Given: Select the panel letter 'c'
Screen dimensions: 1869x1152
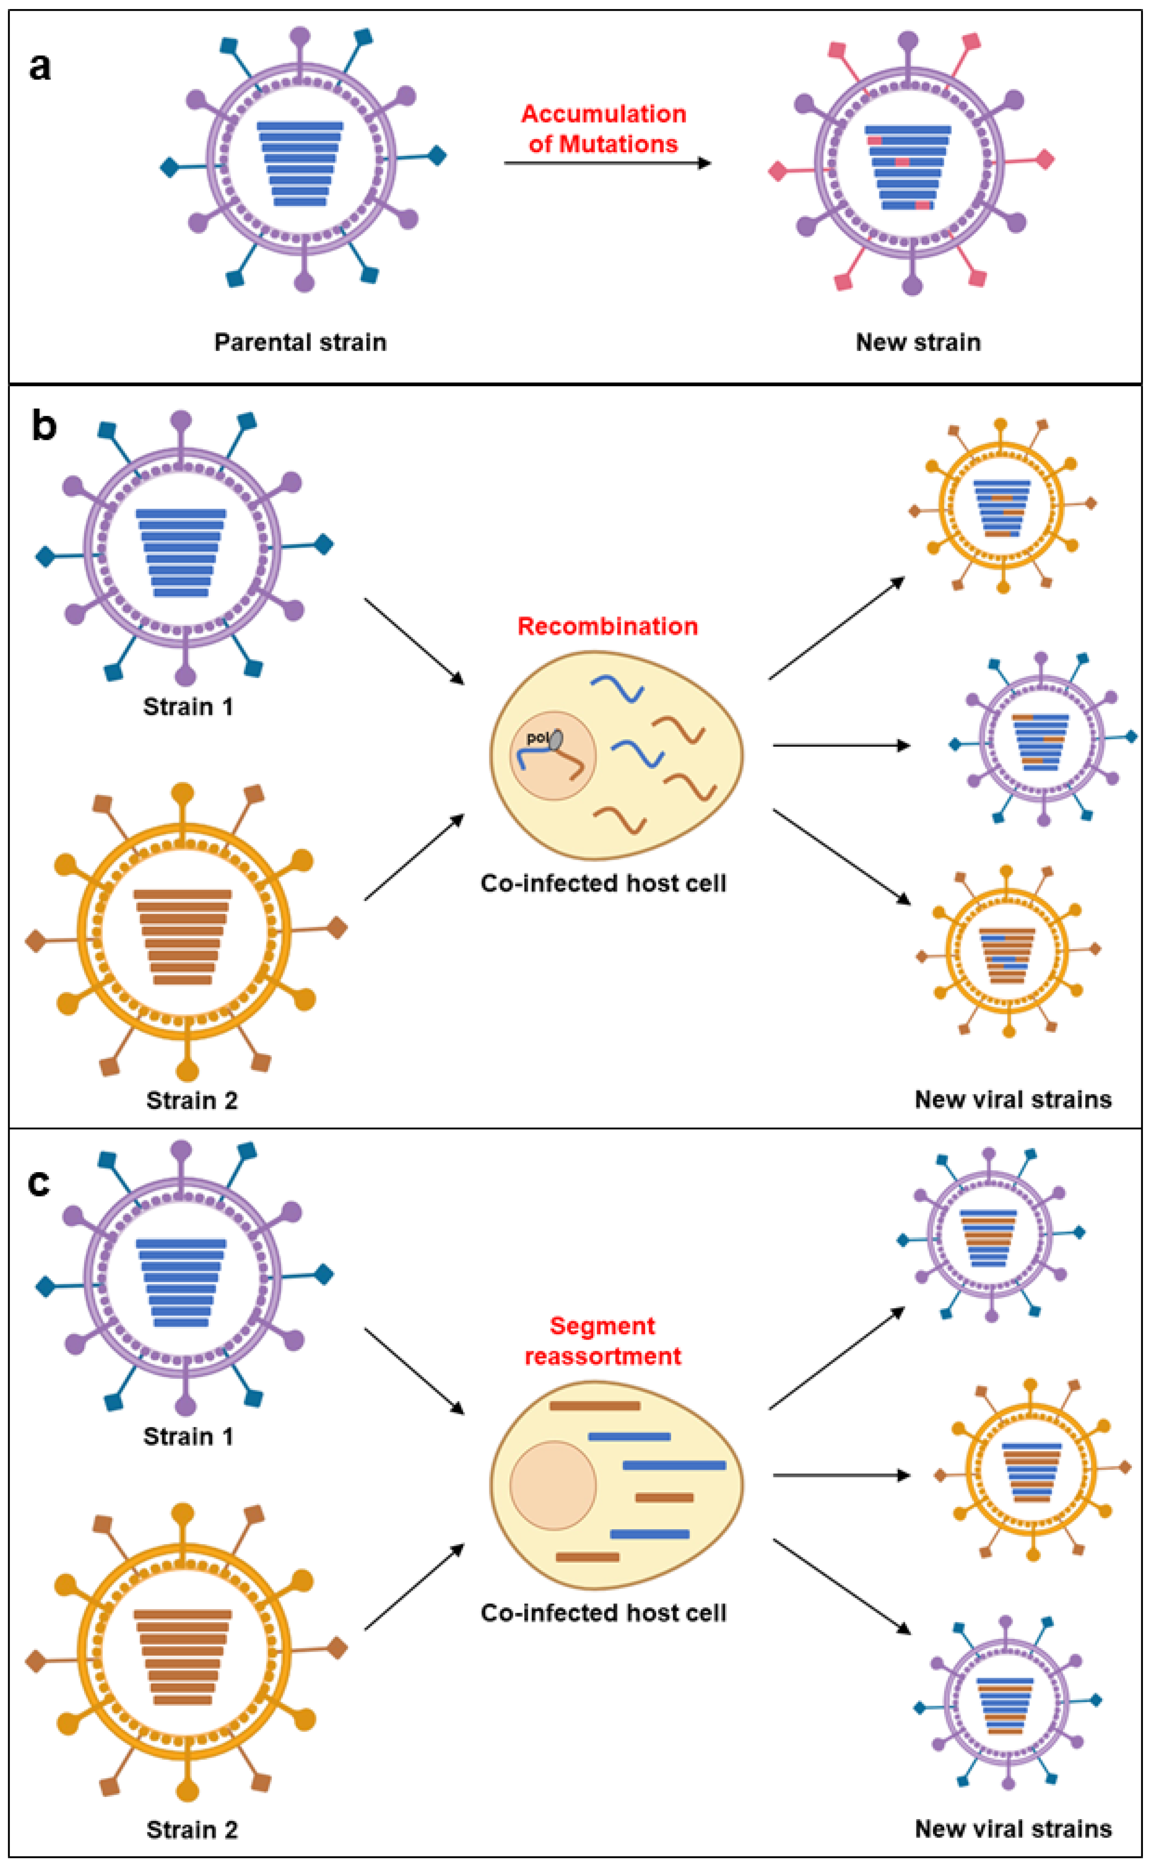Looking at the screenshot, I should [x=39, y=1182].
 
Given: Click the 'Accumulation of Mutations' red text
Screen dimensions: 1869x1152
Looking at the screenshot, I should [x=603, y=129].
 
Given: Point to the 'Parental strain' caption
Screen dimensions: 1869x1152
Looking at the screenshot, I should [x=300, y=342].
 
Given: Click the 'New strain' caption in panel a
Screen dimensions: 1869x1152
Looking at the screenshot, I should [x=918, y=342].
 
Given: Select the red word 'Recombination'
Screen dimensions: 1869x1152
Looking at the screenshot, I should [x=607, y=626].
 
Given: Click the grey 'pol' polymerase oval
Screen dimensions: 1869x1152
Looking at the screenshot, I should [x=556, y=739].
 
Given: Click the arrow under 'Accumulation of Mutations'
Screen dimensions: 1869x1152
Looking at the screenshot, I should [x=607, y=163].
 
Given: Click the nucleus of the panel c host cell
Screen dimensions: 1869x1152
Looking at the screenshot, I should [x=553, y=1485].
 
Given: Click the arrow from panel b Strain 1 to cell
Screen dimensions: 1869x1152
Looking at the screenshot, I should [x=414, y=641].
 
